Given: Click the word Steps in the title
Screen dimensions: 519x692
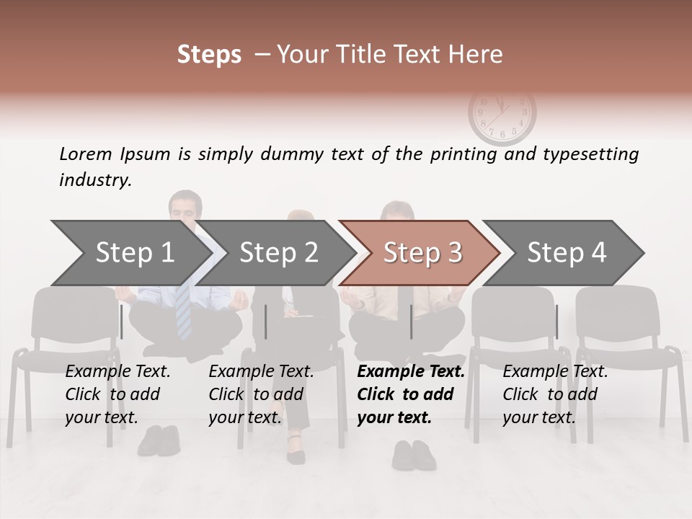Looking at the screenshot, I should (209, 55).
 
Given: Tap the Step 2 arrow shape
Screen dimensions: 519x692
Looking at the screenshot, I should (278, 253).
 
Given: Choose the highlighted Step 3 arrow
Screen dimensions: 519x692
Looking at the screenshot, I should (422, 253).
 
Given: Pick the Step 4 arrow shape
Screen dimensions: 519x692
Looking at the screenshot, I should (567, 253).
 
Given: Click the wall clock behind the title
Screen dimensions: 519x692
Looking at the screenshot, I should (502, 113).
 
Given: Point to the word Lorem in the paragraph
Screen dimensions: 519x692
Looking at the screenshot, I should (85, 154).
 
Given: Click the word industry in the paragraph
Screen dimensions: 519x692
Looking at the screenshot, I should (94, 180).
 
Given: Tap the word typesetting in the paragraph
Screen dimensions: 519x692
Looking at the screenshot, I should (590, 154).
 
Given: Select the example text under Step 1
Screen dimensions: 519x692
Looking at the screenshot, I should (117, 394).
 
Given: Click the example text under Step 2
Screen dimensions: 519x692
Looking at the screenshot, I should (261, 394).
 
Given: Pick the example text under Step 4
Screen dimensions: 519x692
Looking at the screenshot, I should (555, 394).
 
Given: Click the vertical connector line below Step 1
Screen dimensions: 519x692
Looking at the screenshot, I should (121, 321).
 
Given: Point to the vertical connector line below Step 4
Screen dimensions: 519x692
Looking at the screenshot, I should (556, 321).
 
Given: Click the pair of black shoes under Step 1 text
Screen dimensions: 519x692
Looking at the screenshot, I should (158, 439).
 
